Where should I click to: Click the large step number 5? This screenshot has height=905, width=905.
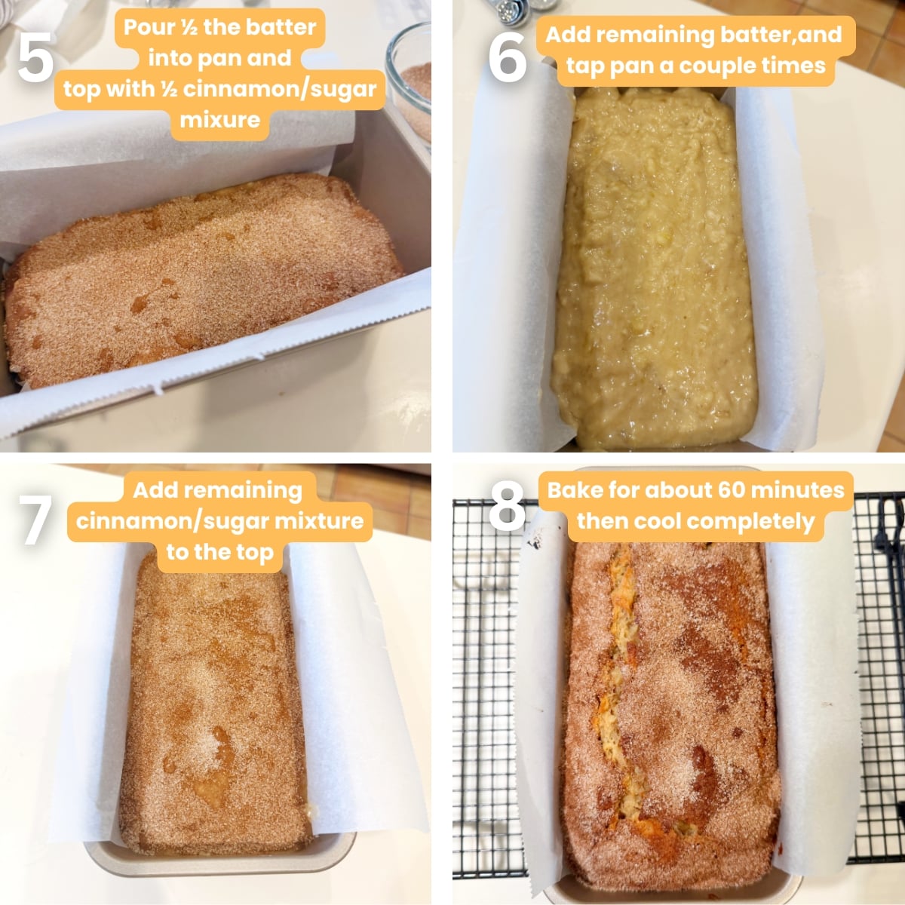(35, 58)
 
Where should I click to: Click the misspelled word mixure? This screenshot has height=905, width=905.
(219, 120)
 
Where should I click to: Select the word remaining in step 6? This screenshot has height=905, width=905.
(653, 35)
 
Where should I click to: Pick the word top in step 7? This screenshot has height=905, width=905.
(255, 553)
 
